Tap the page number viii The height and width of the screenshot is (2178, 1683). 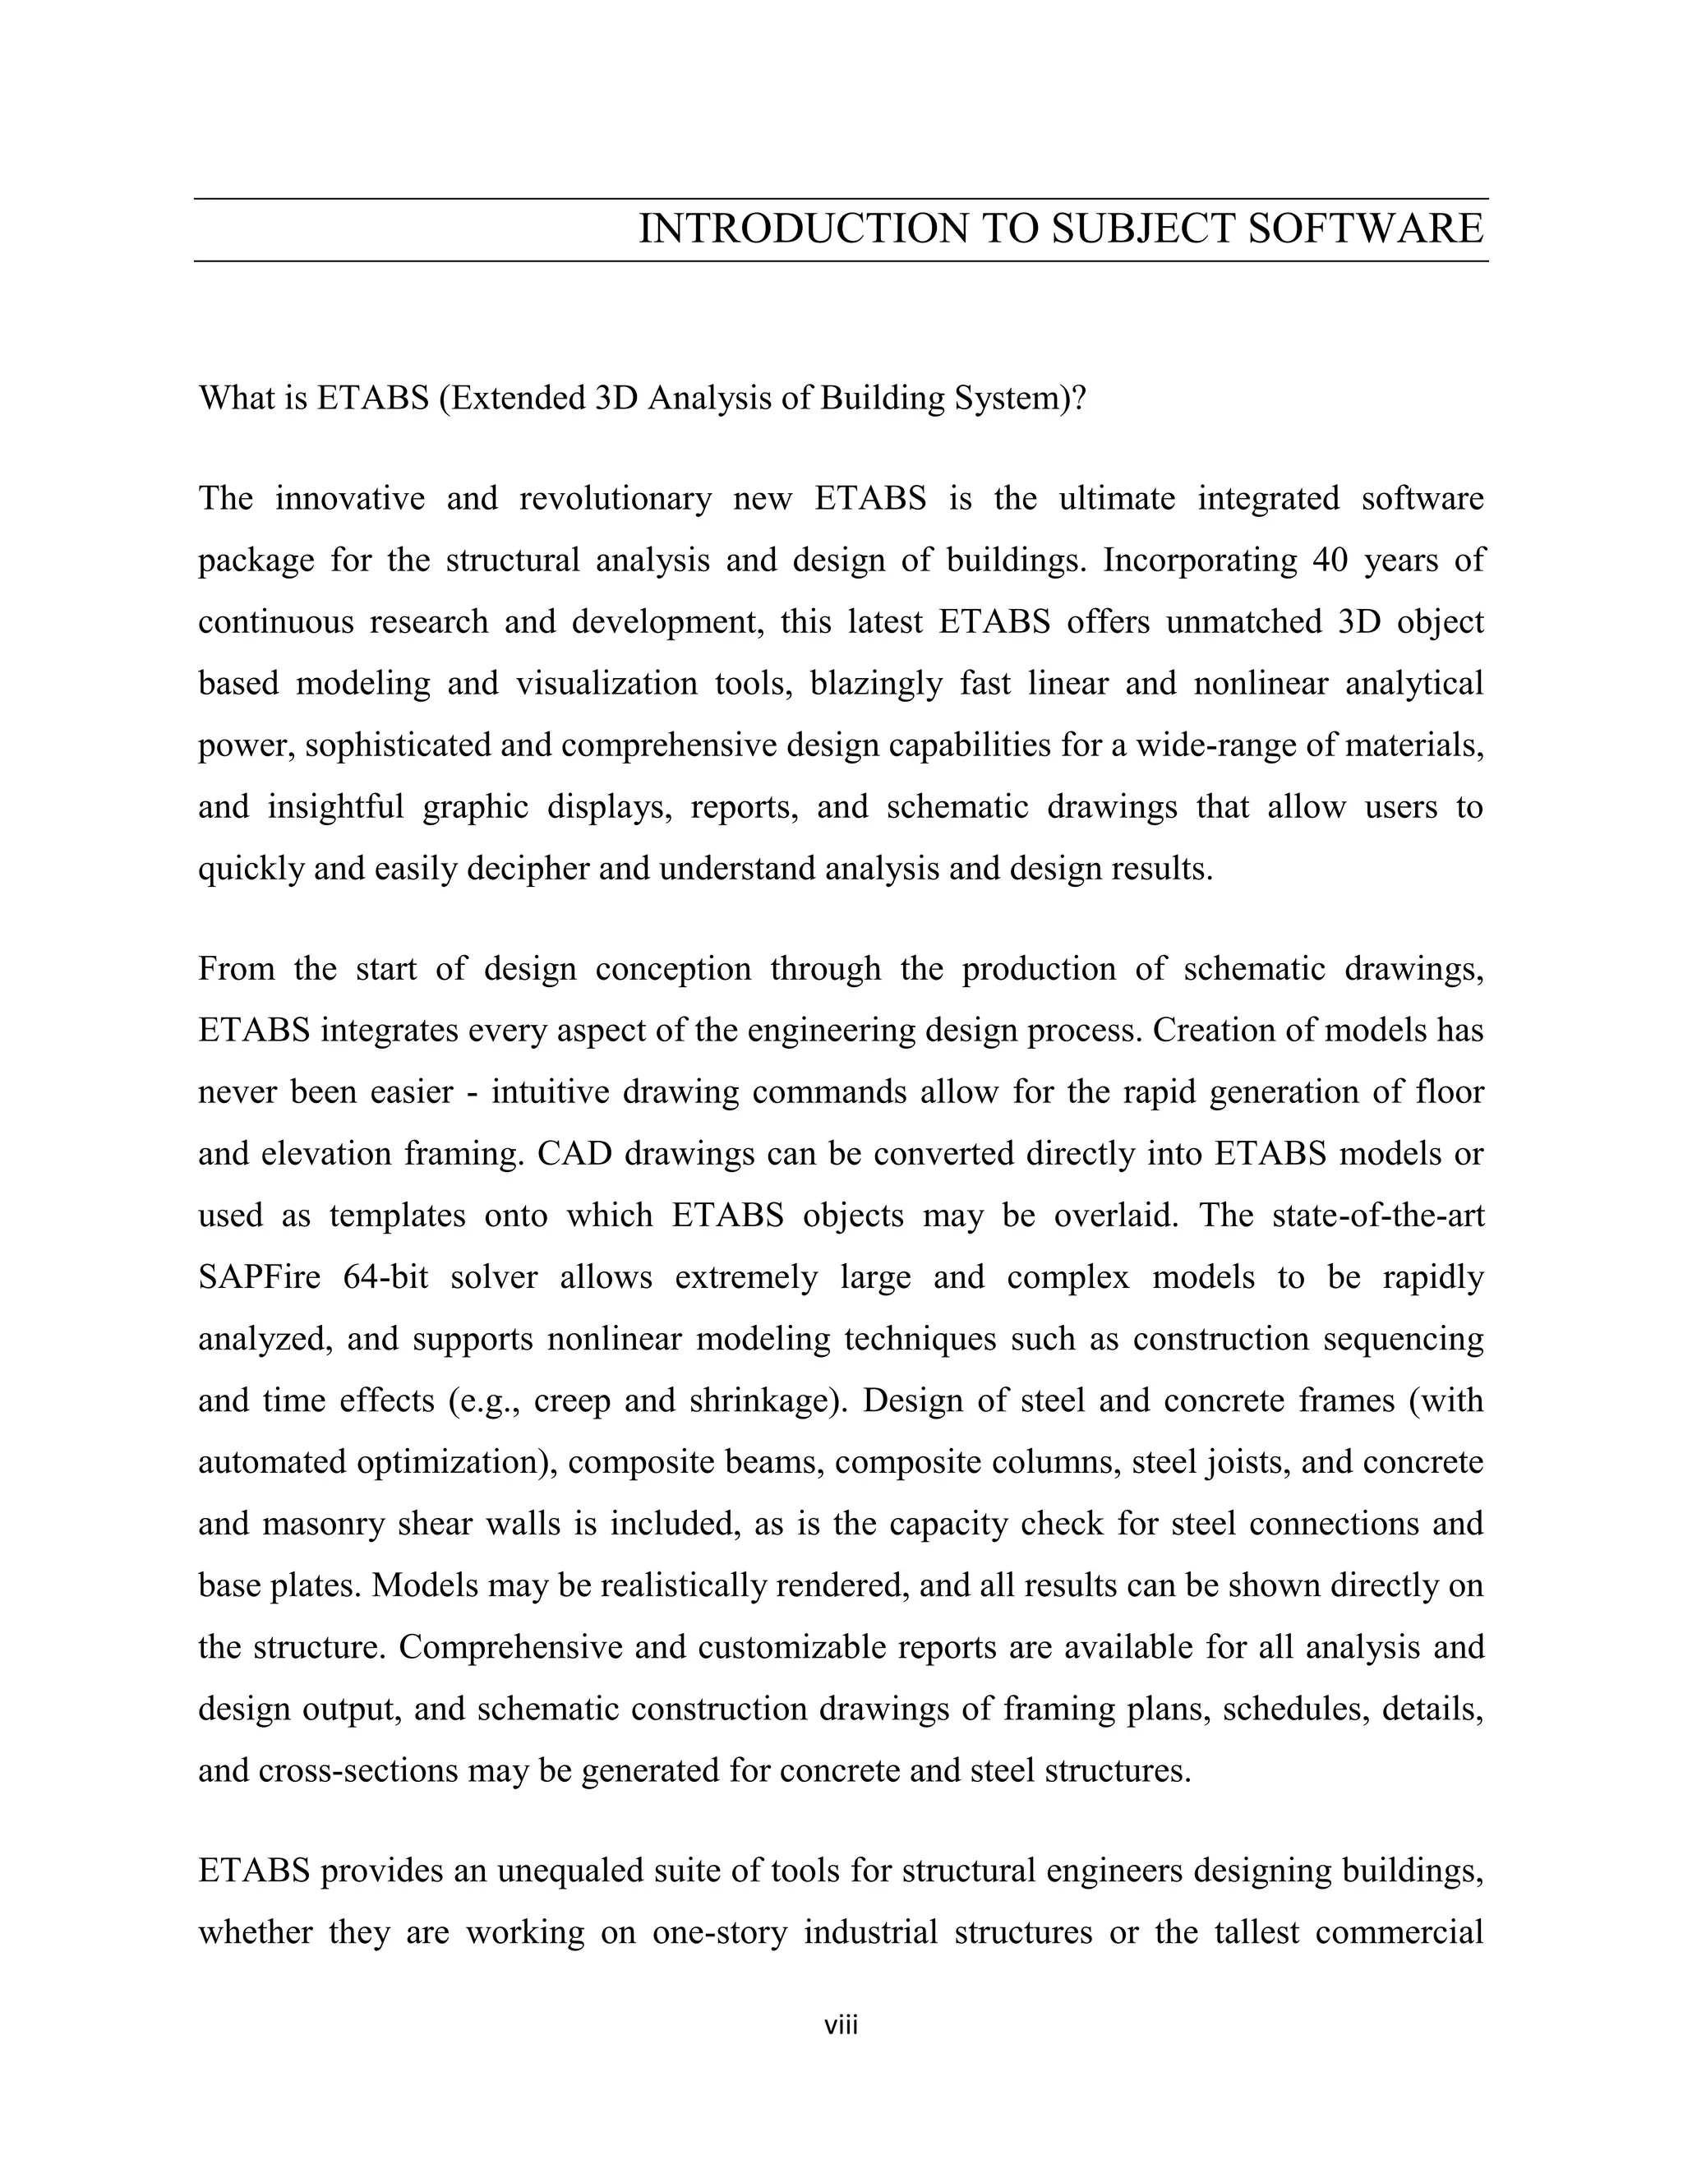(x=841, y=2025)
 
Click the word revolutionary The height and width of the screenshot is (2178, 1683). (x=616, y=499)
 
